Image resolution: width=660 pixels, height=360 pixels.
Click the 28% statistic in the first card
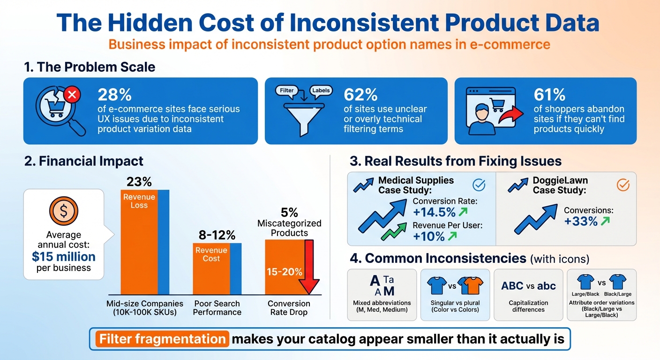(115, 95)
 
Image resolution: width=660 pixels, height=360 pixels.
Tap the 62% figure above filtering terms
(360, 95)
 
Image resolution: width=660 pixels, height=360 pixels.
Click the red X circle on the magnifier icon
(72, 96)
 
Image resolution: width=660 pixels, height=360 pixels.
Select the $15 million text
(64, 256)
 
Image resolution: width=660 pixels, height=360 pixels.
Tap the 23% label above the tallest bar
(140, 182)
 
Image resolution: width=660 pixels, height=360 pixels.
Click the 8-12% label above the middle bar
(217, 235)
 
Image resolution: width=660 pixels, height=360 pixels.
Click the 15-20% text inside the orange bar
(285, 271)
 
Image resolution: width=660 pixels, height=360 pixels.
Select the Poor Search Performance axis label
(217, 307)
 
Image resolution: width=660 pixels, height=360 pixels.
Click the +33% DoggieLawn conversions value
(581, 221)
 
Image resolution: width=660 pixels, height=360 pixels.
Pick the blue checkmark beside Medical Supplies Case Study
(479, 185)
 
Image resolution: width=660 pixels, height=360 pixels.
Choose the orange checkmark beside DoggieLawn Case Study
(622, 185)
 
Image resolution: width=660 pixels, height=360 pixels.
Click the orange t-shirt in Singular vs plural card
(471, 285)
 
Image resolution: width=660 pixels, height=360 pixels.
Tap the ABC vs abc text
(528, 286)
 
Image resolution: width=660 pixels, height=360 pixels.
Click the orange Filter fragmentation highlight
(162, 339)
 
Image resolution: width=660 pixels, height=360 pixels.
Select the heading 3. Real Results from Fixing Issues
(456, 161)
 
